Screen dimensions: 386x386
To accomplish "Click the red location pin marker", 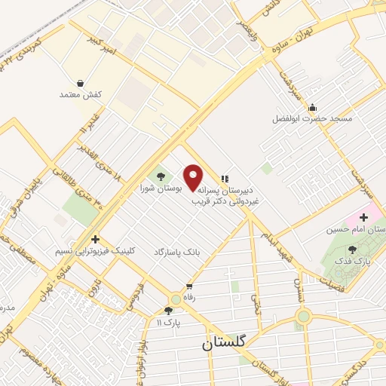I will pos(194,176).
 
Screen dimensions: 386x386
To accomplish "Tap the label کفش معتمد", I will pos(80,95).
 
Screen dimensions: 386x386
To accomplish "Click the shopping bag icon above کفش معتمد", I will pos(80,82).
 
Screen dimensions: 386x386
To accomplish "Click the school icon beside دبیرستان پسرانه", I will pos(224,179).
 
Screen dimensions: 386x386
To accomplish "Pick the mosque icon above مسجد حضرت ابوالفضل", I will pos(313,106).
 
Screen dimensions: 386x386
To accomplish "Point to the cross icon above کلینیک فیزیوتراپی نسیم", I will pos(94,238).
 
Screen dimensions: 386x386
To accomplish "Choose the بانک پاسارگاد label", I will pos(179,250).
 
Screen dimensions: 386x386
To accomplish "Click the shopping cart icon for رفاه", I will pos(188,286).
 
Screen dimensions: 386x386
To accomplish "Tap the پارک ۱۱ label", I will pos(169,322).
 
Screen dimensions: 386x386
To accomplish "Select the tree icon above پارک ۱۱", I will pos(169,310).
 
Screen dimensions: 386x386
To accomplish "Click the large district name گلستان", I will pos(225,343).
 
